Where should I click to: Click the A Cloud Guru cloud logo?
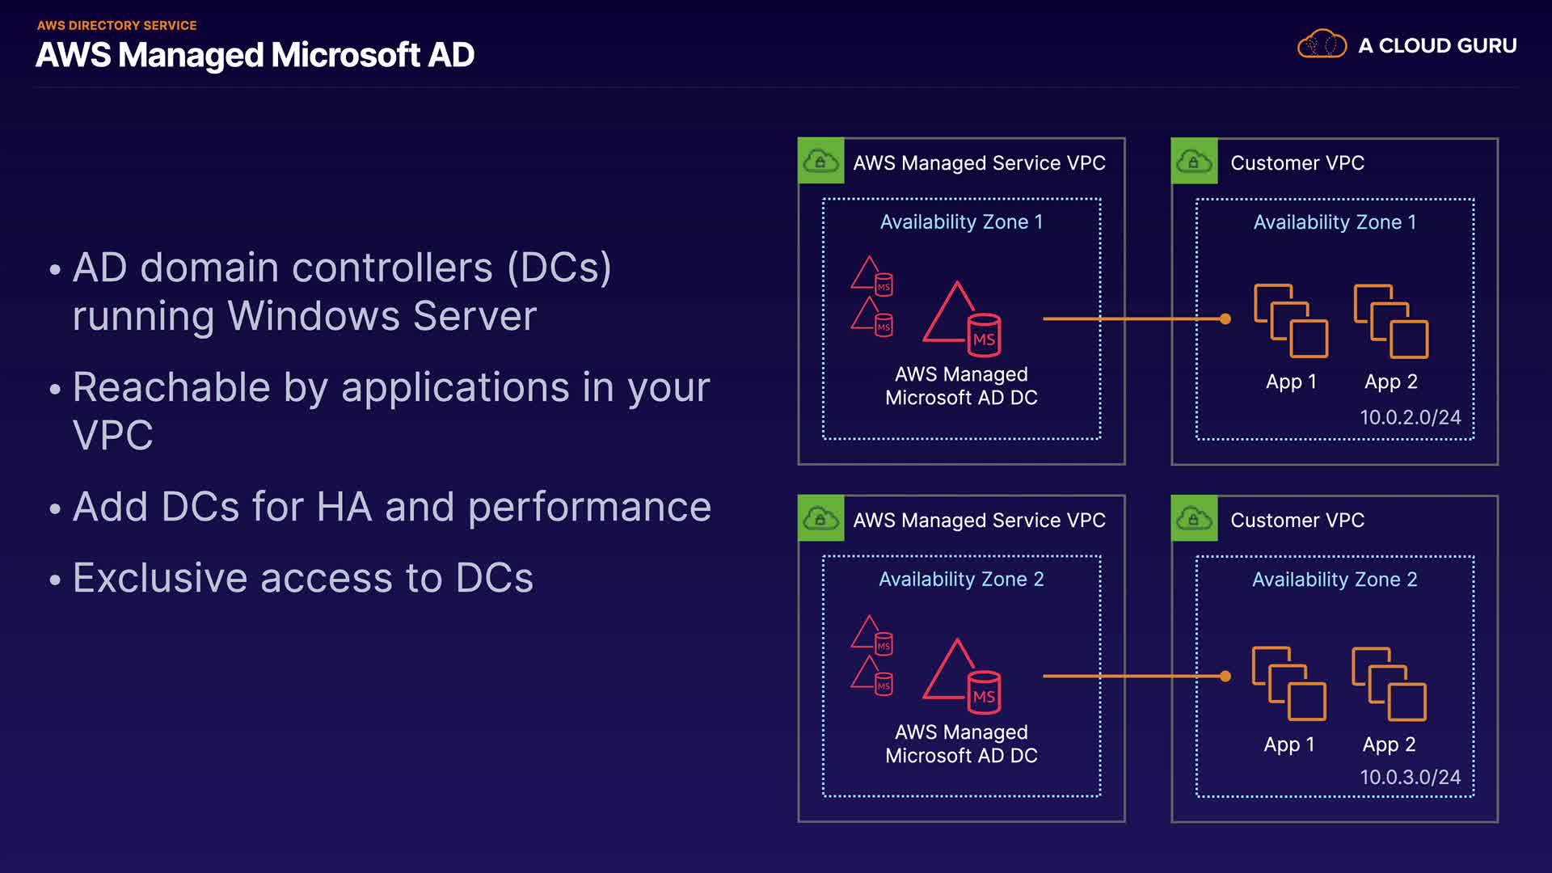[1322, 44]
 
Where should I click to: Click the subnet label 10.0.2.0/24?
[1410, 417]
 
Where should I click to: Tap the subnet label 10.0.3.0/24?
[1410, 777]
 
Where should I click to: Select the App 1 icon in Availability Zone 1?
[1291, 321]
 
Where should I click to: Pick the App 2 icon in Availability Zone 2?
[1389, 684]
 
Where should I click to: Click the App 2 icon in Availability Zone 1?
[1391, 321]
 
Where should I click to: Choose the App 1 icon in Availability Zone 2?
[1288, 684]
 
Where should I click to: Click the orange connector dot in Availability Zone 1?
[1225, 319]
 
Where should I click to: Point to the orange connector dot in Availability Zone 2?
[1225, 677]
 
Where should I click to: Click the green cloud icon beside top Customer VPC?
[1194, 162]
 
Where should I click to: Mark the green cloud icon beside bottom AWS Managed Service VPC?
[820, 519]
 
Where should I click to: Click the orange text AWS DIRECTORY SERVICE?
[117, 26]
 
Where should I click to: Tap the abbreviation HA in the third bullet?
[344, 507]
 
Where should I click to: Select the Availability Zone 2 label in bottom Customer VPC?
[1335, 580]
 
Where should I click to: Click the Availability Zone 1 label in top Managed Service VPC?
[961, 222]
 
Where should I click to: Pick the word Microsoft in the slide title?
[346, 55]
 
